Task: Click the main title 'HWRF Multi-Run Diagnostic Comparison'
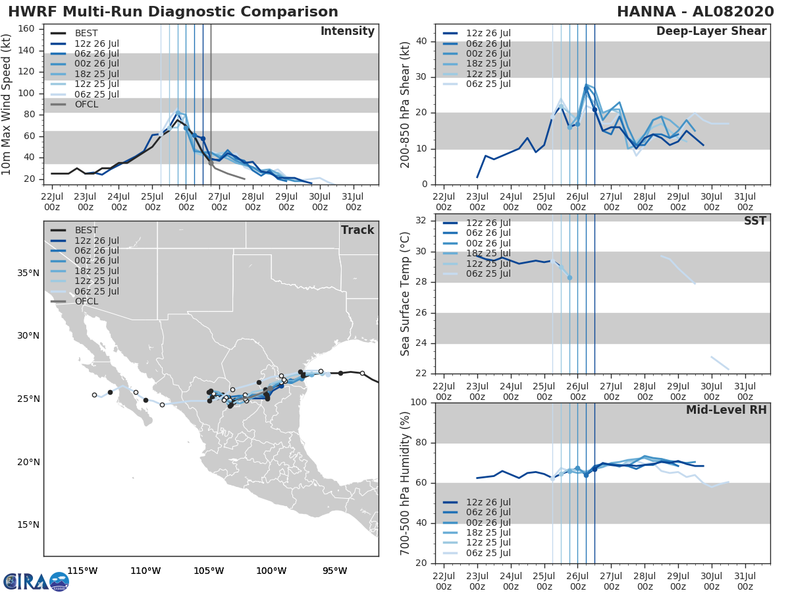coord(173,12)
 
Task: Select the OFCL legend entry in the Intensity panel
coord(86,104)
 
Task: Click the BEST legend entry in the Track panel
coord(86,230)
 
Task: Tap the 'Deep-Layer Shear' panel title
coord(711,32)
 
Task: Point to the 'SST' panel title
coord(754,221)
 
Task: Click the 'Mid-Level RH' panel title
coord(726,410)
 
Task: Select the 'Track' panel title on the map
coord(357,230)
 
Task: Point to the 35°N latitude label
coord(28,273)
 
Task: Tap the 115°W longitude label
coord(82,571)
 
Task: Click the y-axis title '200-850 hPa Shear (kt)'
coord(406,104)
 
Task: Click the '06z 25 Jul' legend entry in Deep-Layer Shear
coord(487,84)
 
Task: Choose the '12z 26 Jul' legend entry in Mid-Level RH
coord(487,502)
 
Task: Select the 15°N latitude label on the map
coord(28,525)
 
